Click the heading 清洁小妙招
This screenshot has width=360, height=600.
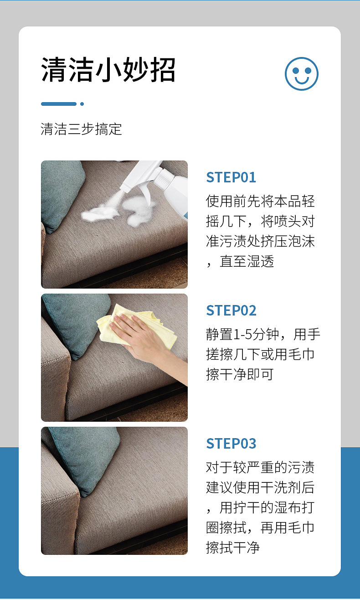tap(108, 70)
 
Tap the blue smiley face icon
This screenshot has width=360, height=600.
tap(301, 73)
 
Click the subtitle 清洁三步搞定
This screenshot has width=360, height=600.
tap(82, 129)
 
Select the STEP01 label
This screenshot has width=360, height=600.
tap(231, 177)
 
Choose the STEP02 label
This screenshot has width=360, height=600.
tap(231, 310)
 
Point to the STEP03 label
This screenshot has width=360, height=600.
tap(231, 444)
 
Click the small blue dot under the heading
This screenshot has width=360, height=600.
tap(82, 104)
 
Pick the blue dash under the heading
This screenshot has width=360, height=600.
tap(58, 104)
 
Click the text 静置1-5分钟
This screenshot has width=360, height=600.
tap(247, 335)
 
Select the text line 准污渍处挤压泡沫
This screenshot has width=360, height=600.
tap(260, 241)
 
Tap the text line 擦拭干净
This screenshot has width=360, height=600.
tap(232, 547)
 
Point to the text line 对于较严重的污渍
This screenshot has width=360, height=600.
tap(260, 467)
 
